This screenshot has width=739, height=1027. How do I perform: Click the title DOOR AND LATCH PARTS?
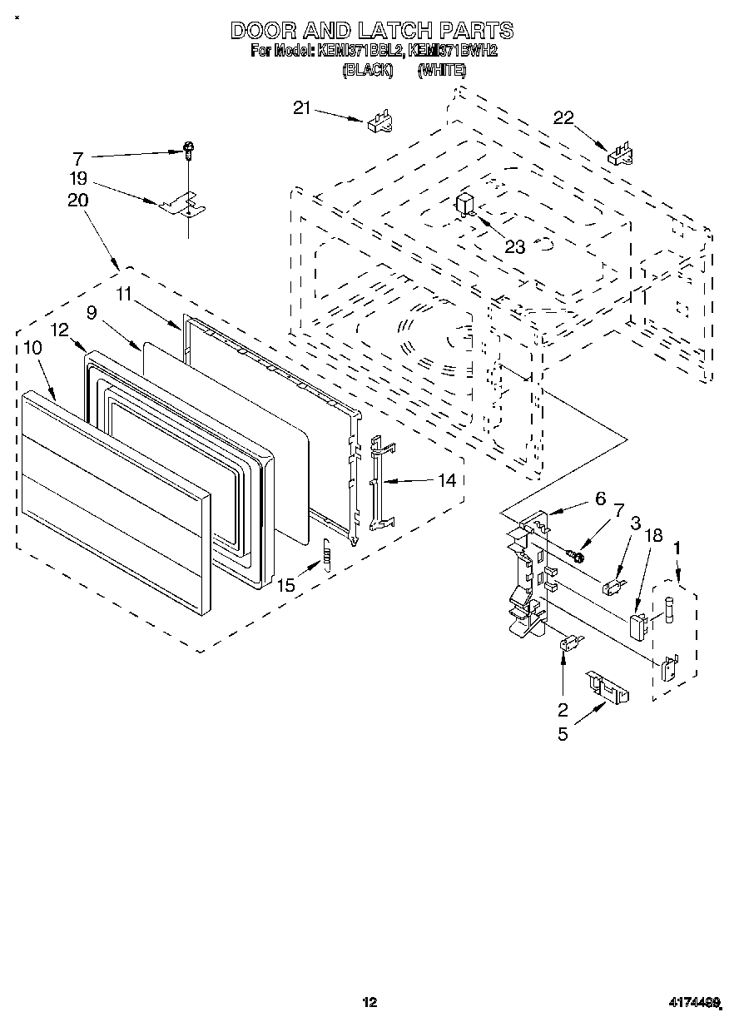tap(371, 31)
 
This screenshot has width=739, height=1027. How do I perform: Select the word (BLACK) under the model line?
tap(367, 71)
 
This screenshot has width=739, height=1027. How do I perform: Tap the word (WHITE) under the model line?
tap(441, 71)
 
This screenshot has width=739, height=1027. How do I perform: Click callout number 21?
tap(301, 107)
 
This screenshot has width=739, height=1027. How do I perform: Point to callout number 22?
tap(563, 118)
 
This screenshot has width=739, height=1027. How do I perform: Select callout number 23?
tap(516, 246)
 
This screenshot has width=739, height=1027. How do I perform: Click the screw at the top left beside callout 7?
tap(189, 150)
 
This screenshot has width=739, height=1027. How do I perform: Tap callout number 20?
tap(79, 201)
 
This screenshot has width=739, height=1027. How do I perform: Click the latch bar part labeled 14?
tap(379, 483)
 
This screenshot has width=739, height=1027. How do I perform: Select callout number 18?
tap(654, 535)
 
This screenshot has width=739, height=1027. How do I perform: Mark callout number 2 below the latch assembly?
tap(563, 710)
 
